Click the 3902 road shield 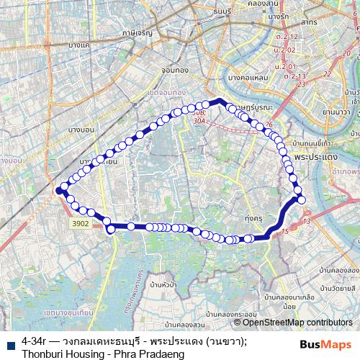81,225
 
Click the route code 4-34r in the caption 35,341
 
